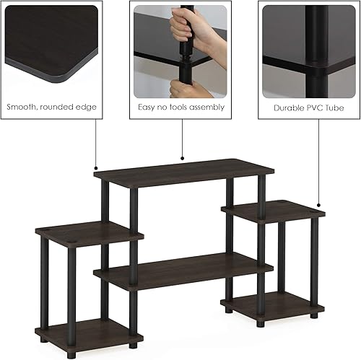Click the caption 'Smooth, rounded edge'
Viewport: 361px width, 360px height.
(51, 107)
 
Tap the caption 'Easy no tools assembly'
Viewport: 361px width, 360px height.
(181, 107)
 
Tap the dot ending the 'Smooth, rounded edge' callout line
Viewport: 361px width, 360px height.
(96, 168)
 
